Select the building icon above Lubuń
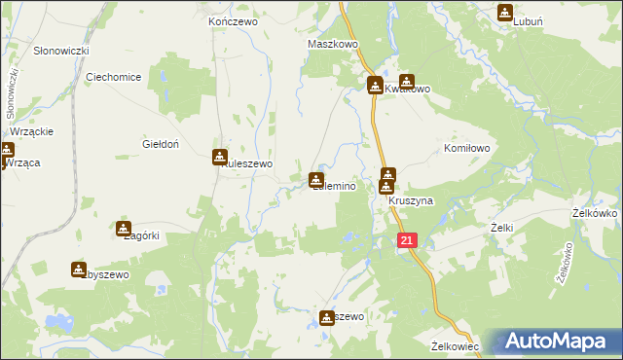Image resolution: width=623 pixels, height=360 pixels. pos(505,13)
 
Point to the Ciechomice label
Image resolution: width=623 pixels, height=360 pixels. pos(115,77)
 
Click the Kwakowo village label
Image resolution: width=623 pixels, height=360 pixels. pos(407,89)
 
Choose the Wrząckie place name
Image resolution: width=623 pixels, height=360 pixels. pos(31,131)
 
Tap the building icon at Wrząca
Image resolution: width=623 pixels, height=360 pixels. pos(6,151)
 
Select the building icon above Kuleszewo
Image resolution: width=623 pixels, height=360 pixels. pos(221,157)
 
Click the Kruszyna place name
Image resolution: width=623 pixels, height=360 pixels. pos(410,200)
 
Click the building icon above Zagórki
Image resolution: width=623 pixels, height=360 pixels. pos(124,229)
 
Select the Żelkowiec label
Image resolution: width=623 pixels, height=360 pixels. pos(456,345)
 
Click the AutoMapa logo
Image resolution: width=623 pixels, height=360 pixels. pos(557,342)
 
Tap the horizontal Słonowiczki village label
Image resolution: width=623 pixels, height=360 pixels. pos(61,50)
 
